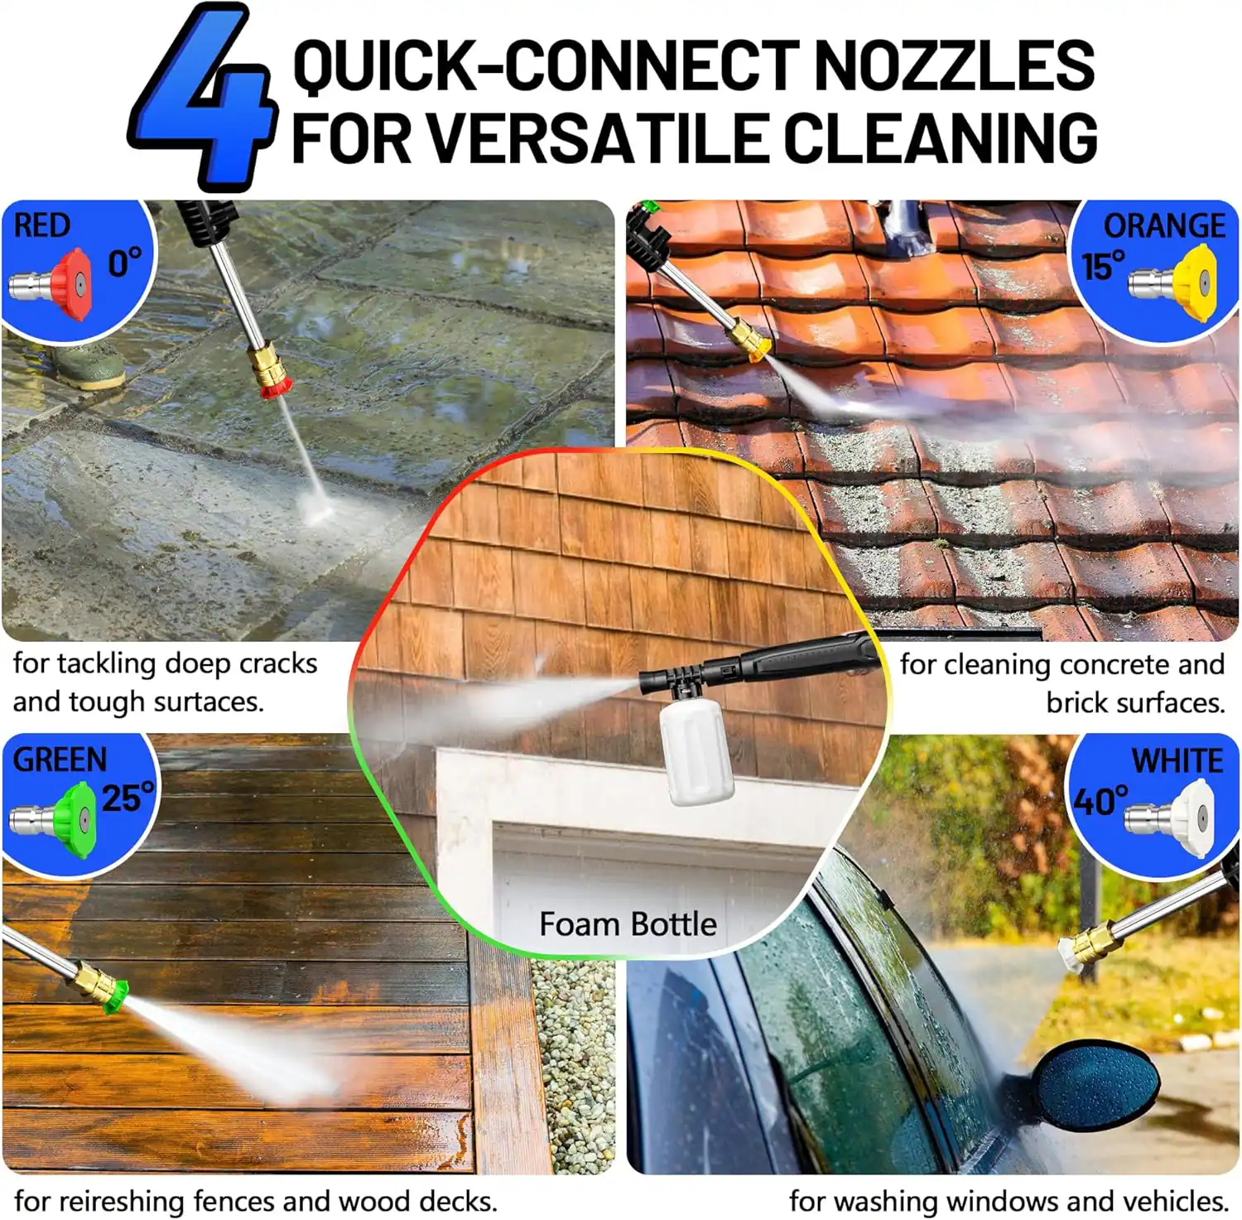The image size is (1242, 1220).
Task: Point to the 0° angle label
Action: [125, 263]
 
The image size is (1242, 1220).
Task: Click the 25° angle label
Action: [128, 798]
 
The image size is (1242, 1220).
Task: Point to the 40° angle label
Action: [1100, 801]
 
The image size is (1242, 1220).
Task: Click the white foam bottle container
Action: [696, 750]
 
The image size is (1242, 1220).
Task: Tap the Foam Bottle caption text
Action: [628, 923]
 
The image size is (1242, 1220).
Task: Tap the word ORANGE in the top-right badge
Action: [1163, 226]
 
